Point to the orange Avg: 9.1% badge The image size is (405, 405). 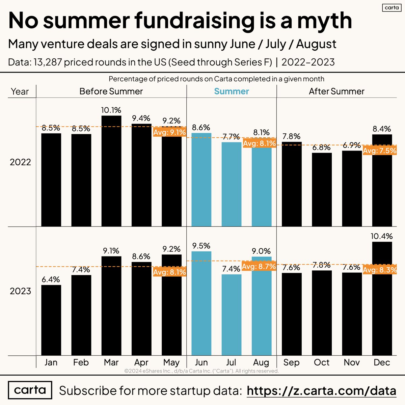pyautogui.click(x=169, y=132)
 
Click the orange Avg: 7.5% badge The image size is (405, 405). pyautogui.click(x=380, y=151)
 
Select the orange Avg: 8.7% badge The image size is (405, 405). pyautogui.click(x=259, y=266)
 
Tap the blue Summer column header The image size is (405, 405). pyautogui.click(x=232, y=91)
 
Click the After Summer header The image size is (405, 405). pyautogui.click(x=336, y=91)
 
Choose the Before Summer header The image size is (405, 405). pyautogui.click(x=111, y=91)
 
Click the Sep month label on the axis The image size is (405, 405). pyautogui.click(x=291, y=362)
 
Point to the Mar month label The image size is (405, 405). pyautogui.click(x=111, y=362)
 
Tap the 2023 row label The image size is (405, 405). pyautogui.click(x=20, y=291)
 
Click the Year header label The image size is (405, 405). pyautogui.click(x=20, y=91)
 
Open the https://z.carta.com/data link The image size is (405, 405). pyautogui.click(x=321, y=390)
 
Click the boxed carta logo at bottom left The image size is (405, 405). pyautogui.click(x=30, y=390)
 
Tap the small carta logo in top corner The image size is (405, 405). pyautogui.click(x=391, y=7)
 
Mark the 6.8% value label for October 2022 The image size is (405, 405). pyautogui.click(x=321, y=147)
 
